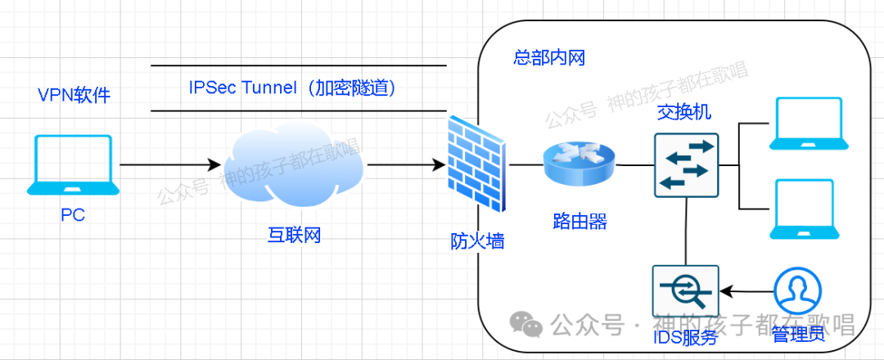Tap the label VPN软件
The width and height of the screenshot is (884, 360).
[74, 96]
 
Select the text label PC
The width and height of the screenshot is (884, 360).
[72, 215]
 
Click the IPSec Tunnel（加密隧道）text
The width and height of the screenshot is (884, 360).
[293, 88]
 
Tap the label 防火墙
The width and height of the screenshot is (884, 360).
[477, 241]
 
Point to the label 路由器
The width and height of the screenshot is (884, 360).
[580, 220]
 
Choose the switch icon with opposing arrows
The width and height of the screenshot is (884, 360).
[685, 164]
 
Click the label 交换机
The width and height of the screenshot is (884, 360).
[684, 114]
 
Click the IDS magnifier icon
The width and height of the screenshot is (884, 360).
[685, 291]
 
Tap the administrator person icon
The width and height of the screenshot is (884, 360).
[798, 291]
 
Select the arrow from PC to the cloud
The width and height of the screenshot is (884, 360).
[172, 164]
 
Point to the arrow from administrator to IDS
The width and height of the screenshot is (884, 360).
[746, 290]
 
